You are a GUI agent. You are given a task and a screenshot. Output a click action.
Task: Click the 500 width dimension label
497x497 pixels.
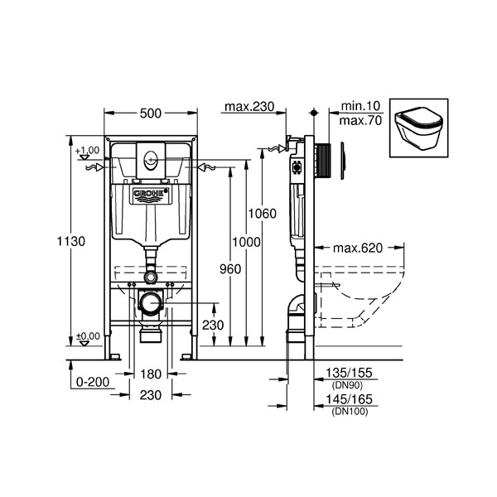tap(151, 113)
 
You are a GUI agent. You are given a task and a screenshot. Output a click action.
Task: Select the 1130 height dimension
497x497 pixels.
tap(71, 241)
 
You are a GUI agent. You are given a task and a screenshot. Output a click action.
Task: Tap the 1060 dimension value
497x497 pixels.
tap(262, 214)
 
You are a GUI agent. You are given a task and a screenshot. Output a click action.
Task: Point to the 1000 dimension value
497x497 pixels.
tap(246, 242)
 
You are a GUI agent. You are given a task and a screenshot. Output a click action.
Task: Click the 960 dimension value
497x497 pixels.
tap(230, 269)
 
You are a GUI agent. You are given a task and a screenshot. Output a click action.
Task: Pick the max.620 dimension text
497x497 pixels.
tap(358, 248)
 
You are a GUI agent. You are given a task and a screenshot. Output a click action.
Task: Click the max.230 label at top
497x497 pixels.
tap(249, 107)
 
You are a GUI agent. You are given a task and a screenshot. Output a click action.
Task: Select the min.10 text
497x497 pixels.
tap(360, 106)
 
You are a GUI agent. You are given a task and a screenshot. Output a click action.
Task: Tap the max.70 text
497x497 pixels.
tap(360, 121)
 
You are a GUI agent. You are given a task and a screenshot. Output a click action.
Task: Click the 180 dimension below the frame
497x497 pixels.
tap(151, 374)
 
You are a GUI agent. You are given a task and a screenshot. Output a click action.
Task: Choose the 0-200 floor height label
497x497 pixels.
tap(93, 382)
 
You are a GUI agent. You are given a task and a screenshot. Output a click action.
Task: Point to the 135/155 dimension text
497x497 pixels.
tap(349, 373)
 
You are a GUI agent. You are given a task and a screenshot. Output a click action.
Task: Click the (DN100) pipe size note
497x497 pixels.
tap(350, 412)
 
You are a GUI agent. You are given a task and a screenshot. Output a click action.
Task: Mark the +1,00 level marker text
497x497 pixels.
tap(87, 150)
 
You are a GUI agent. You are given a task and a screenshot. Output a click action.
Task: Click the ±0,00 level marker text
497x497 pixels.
tap(88, 335)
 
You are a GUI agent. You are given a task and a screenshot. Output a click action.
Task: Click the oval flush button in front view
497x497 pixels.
tap(150, 160)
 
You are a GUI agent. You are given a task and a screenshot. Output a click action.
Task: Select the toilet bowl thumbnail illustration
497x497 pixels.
tap(418, 128)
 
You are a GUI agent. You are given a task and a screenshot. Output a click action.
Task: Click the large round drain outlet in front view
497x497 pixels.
tap(151, 303)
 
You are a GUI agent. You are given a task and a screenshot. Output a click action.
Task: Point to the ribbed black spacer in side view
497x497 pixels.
tap(323, 160)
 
